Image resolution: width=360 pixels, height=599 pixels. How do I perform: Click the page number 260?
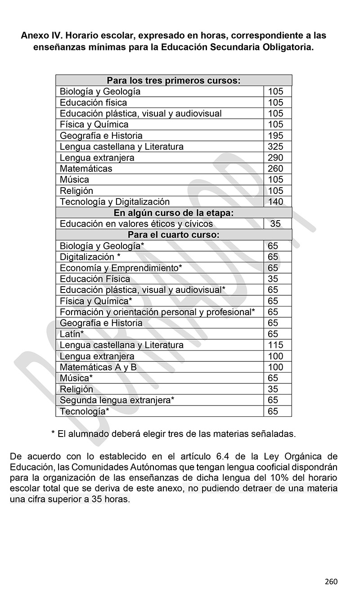(x=331, y=581)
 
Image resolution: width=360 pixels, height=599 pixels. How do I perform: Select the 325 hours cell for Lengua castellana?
(x=275, y=147)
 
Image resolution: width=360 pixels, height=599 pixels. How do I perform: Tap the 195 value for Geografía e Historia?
(x=275, y=135)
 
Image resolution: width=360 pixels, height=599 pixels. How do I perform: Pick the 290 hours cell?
(x=275, y=158)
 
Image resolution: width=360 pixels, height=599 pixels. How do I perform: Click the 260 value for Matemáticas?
(x=275, y=169)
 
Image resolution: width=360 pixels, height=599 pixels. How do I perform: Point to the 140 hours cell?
(x=275, y=202)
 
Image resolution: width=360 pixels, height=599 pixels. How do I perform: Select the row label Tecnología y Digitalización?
(x=115, y=202)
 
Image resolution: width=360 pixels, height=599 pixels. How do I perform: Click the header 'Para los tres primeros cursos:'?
(x=174, y=81)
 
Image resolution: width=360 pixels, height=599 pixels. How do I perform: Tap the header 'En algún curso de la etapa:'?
(x=174, y=213)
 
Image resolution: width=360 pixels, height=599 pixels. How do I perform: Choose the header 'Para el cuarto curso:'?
(x=174, y=235)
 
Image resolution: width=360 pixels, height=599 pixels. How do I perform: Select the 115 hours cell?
(x=275, y=345)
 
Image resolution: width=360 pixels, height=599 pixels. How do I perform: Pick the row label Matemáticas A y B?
(x=98, y=367)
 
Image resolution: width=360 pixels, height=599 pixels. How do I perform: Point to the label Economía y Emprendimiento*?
(x=121, y=268)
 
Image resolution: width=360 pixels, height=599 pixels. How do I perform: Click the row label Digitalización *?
(x=90, y=257)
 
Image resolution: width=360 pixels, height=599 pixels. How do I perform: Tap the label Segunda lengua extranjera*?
(x=117, y=400)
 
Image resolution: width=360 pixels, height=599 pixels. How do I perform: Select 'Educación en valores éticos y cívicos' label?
(x=136, y=224)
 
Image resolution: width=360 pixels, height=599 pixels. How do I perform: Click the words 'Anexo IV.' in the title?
(x=41, y=35)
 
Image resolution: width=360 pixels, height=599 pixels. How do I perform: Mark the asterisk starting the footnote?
(x=53, y=434)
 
